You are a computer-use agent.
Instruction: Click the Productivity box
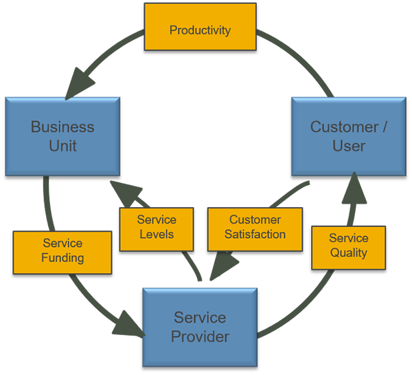pyautogui.click(x=200, y=30)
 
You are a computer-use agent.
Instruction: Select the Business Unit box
pyautogui.click(x=62, y=136)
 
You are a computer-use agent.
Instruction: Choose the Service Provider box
pyautogui.click(x=200, y=326)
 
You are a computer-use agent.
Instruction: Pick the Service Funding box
pyautogui.click(x=62, y=251)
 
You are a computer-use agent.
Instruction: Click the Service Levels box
pyautogui.click(x=156, y=227)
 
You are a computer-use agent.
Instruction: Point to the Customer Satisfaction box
pyautogui.click(x=255, y=227)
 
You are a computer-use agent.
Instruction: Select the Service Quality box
pyautogui.click(x=348, y=246)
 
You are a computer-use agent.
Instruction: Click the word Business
pyautogui.click(x=62, y=127)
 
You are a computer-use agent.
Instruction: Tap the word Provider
pyautogui.click(x=200, y=336)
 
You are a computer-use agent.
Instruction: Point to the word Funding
pyautogui.click(x=62, y=259)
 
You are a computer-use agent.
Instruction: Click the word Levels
pyautogui.click(x=156, y=235)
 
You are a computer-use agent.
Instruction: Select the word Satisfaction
pyautogui.click(x=255, y=235)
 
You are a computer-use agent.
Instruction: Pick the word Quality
pyautogui.click(x=348, y=253)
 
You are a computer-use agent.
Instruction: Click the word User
pyautogui.click(x=349, y=146)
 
